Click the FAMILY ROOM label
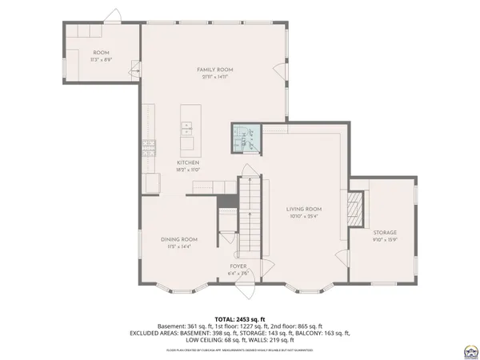(x=215, y=70)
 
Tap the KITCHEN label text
(x=188, y=162)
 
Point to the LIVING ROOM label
(x=304, y=209)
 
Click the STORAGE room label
(x=385, y=232)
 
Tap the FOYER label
(x=238, y=266)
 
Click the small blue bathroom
(x=246, y=137)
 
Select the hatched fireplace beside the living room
(x=357, y=209)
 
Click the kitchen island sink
(x=187, y=126)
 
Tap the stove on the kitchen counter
(x=148, y=144)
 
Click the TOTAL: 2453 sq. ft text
(x=240, y=318)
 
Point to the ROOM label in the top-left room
(x=100, y=52)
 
